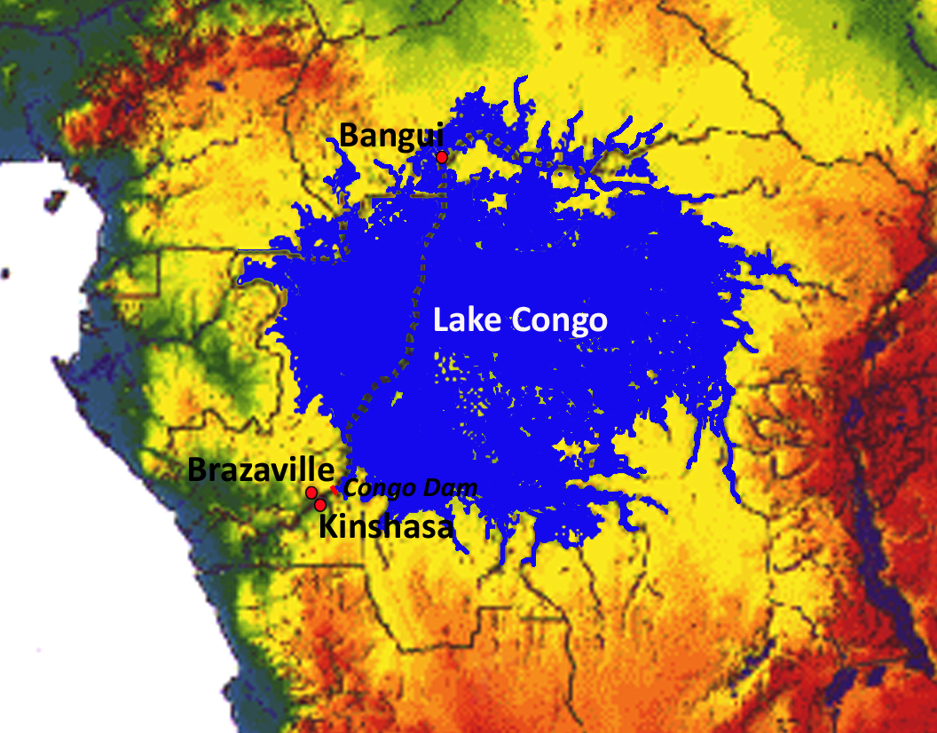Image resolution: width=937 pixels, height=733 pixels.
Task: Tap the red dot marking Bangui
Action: click(441, 157)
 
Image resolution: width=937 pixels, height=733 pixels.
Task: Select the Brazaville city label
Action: click(261, 470)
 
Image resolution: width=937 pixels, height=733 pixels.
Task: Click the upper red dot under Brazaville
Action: click(311, 493)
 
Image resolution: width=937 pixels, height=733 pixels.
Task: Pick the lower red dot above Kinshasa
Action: click(320, 505)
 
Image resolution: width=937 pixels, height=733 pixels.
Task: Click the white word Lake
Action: click(468, 320)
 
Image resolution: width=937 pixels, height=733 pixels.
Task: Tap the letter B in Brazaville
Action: click(197, 470)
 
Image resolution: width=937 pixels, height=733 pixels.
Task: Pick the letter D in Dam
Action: click(443, 488)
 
